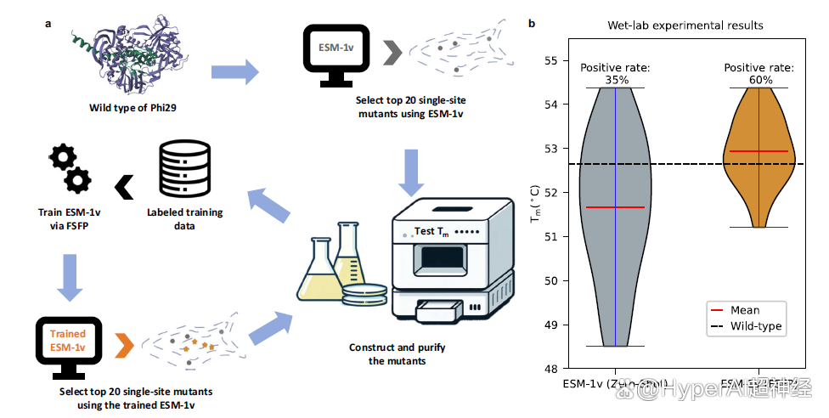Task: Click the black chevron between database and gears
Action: [x=124, y=187]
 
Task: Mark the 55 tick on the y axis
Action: [x=551, y=61]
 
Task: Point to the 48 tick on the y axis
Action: [x=551, y=368]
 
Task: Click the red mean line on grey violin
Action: [x=615, y=207]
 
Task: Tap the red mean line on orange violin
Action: [x=759, y=151]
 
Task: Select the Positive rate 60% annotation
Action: [x=759, y=74]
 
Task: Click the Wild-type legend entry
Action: [x=745, y=326]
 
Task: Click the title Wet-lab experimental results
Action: [x=685, y=25]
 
